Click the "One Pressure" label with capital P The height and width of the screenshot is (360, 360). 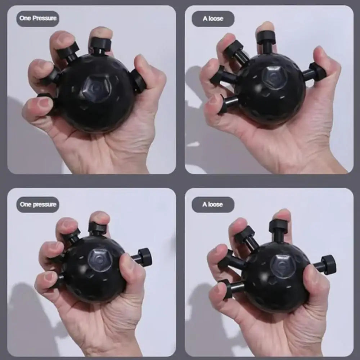point(37,18)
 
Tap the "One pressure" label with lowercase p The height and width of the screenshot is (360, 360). point(38,204)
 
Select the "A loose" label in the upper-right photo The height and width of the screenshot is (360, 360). point(213,19)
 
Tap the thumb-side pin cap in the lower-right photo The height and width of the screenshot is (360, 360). point(328,265)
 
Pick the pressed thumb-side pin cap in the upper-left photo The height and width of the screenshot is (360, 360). point(138,81)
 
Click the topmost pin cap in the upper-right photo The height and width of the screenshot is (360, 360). point(266,37)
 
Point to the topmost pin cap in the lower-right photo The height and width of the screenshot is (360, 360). point(278,226)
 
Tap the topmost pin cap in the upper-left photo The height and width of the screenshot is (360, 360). point(100,44)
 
